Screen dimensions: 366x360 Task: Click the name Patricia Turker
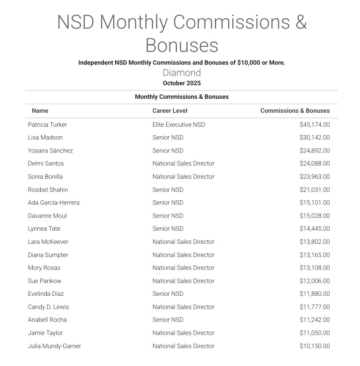(x=47, y=124)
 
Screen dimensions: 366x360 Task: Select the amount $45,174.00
(x=315, y=124)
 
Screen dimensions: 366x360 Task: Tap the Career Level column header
(x=170, y=111)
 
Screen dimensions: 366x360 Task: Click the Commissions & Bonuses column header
(x=295, y=111)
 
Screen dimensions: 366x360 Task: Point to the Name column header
(x=40, y=111)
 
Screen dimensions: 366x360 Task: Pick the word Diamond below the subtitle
(x=182, y=73)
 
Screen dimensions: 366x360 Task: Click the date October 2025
(x=182, y=83)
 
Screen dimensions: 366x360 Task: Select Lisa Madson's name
(x=45, y=138)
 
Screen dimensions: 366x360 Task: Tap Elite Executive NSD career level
(x=178, y=124)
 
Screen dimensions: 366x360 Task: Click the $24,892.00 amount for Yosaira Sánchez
(x=315, y=151)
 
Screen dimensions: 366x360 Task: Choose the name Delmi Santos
(x=46, y=164)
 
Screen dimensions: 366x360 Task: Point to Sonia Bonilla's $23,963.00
(x=315, y=177)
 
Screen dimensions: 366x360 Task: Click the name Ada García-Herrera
(x=54, y=203)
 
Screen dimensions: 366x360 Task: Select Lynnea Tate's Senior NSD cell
(x=168, y=229)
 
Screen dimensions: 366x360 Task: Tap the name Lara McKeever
(x=48, y=242)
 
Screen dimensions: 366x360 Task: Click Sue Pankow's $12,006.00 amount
(x=315, y=281)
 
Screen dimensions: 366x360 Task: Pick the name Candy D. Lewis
(x=49, y=307)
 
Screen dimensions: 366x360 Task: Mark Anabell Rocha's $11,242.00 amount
(x=315, y=320)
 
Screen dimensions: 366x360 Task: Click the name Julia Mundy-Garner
(x=54, y=346)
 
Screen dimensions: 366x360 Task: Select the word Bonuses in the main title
(x=182, y=45)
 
